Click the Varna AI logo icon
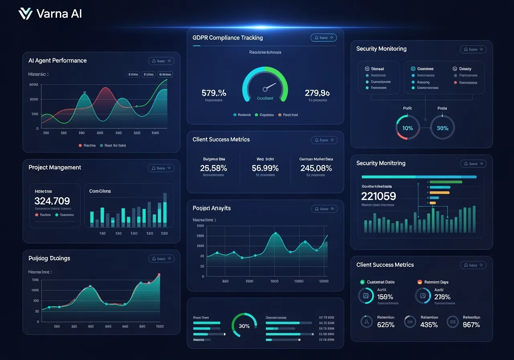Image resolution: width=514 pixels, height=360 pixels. click(x=25, y=14)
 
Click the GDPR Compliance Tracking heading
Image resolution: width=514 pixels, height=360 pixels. click(x=227, y=38)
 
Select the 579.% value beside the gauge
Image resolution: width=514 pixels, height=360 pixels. click(x=214, y=93)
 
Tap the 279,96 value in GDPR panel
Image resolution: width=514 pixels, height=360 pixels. click(x=317, y=93)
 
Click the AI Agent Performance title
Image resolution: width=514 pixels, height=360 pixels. click(x=57, y=61)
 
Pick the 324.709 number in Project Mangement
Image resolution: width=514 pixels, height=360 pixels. click(x=52, y=201)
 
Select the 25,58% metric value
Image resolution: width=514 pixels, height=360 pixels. click(x=213, y=168)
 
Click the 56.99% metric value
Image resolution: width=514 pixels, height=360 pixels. click(x=265, y=168)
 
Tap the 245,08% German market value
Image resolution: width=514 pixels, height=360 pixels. click(x=316, y=168)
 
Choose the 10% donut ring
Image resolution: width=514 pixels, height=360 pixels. click(x=408, y=128)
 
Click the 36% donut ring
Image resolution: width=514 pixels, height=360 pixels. click(x=442, y=128)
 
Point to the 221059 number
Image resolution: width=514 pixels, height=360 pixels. click(x=378, y=196)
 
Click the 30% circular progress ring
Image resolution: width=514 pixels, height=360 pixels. click(x=244, y=326)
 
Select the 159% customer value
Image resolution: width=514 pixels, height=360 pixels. click(x=385, y=297)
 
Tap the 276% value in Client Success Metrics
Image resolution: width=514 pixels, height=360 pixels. click(x=442, y=297)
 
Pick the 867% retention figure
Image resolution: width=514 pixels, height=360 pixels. click(x=471, y=325)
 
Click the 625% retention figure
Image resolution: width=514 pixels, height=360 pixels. click(x=385, y=325)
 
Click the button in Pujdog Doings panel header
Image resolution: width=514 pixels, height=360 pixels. click(x=161, y=259)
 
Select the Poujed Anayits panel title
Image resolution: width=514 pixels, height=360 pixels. click(x=212, y=208)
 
